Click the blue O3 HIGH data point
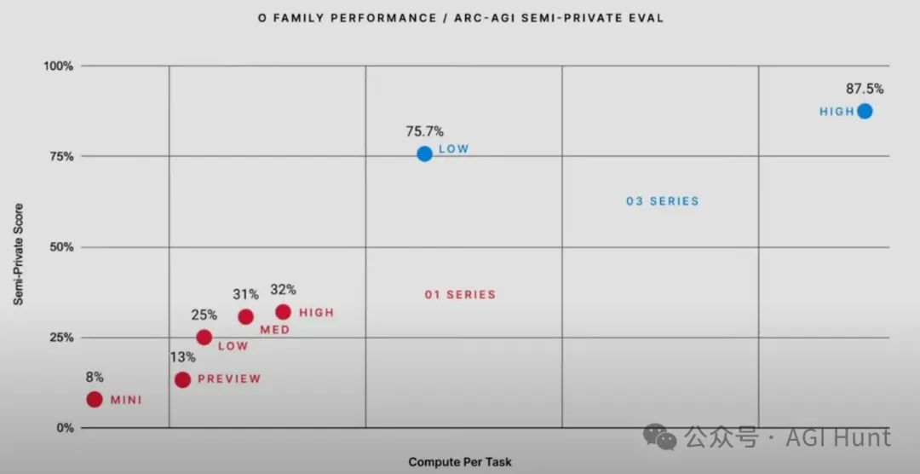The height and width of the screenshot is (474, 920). (865, 111)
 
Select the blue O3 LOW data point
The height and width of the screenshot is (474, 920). (424, 153)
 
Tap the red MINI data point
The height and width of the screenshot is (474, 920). (95, 399)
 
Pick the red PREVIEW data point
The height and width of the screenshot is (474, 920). (182, 379)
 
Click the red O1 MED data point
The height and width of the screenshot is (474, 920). (245, 316)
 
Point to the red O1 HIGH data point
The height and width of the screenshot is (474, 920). (283, 312)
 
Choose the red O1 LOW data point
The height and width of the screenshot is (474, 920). (204, 337)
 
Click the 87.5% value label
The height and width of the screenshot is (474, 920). (865, 89)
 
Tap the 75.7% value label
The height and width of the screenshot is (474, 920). (425, 131)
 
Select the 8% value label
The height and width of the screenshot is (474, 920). (95, 378)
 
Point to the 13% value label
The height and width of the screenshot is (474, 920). (181, 357)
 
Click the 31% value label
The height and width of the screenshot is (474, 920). (245, 294)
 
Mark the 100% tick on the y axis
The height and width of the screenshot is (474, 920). (59, 66)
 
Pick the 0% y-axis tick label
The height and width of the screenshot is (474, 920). (65, 428)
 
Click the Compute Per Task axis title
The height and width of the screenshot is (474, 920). (460, 462)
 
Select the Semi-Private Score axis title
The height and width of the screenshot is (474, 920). (18, 254)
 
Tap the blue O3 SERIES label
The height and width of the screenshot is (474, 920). (662, 202)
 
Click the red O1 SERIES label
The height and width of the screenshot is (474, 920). (460, 295)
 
